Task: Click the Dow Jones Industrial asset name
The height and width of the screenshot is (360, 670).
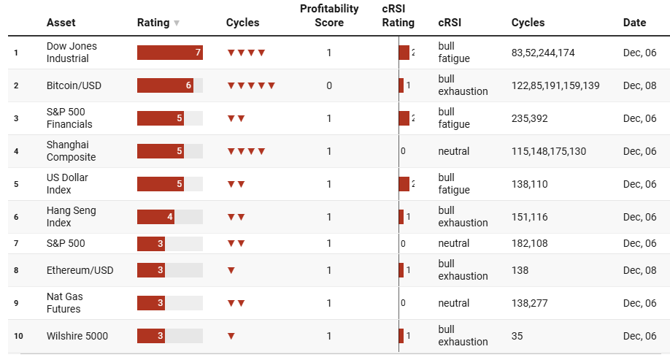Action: [x=72, y=53]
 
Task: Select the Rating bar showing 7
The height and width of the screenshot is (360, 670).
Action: [x=169, y=53]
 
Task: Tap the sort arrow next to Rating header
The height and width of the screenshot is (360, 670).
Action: [x=177, y=23]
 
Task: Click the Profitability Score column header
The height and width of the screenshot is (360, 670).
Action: [x=329, y=15]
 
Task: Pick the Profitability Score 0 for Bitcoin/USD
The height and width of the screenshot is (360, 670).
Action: [x=329, y=85]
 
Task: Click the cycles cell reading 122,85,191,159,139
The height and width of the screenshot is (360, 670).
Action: [x=555, y=85]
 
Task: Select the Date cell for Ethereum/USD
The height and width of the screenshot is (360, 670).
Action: [x=639, y=270]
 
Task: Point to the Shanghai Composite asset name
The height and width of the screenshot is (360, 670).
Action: [x=71, y=151]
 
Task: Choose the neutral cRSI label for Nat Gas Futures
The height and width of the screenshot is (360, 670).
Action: [x=454, y=303]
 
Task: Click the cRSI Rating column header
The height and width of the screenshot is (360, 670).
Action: [x=398, y=15]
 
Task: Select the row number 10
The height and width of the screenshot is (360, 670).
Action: [x=18, y=336]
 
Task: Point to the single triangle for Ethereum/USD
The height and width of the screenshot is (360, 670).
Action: [x=231, y=270]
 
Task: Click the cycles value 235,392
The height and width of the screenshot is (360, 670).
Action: [x=530, y=118]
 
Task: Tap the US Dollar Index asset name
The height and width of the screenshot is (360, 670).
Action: [x=67, y=184]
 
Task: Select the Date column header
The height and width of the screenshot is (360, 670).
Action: [x=634, y=23]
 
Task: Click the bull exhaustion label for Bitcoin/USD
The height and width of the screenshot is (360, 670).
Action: [x=463, y=85]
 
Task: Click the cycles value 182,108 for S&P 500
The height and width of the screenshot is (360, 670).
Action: [x=530, y=243]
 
